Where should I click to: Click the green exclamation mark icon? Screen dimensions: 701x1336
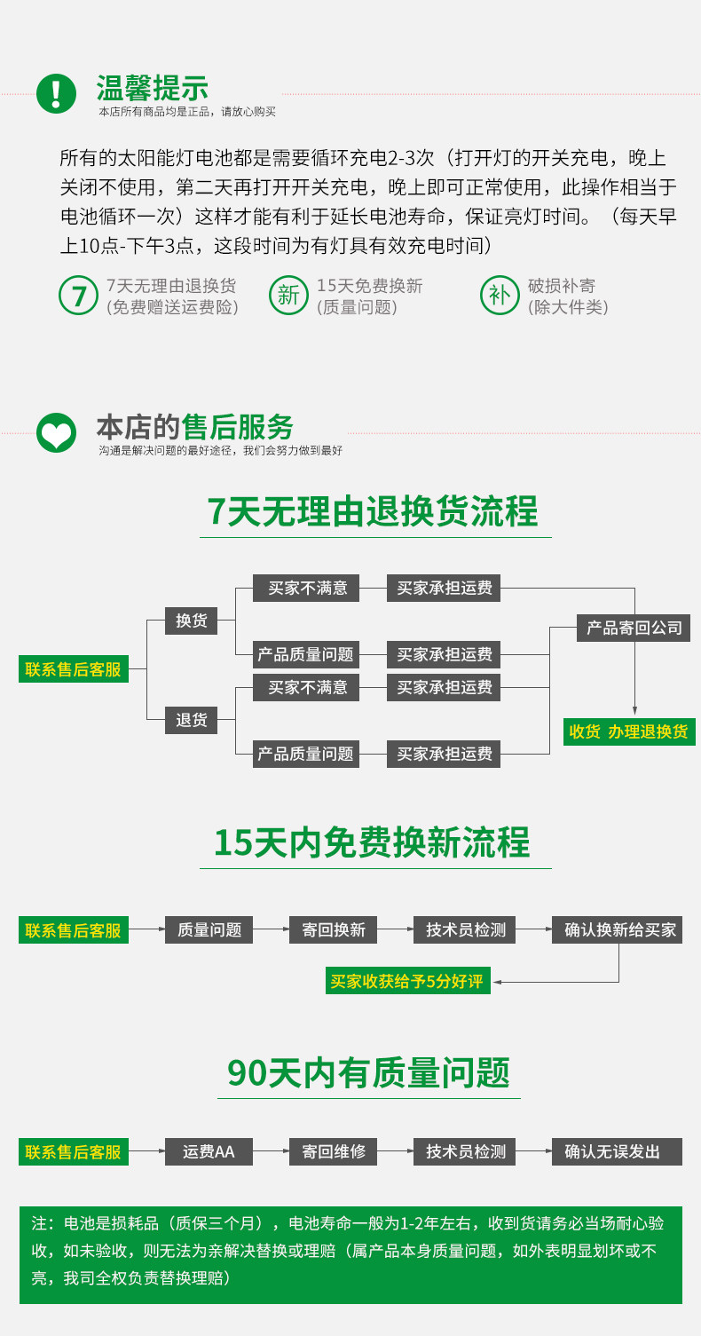[x=56, y=93]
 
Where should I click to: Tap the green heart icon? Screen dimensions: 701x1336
[x=56, y=432]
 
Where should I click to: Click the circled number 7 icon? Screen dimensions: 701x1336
[x=78, y=296]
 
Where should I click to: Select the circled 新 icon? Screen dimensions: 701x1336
[x=288, y=296]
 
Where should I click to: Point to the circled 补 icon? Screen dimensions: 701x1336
[x=500, y=296]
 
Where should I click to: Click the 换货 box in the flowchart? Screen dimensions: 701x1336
[x=191, y=621]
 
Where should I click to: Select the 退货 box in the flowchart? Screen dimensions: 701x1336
[x=191, y=721]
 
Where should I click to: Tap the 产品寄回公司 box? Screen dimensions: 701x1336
[x=634, y=628]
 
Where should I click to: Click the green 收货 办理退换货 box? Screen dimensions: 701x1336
[x=629, y=731]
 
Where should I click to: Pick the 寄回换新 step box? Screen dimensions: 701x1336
[x=334, y=929]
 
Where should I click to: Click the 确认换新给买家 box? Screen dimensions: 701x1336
[x=617, y=929]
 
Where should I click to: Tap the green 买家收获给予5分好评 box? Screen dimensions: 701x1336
[x=407, y=981]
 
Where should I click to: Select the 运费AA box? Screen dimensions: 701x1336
[x=209, y=1151]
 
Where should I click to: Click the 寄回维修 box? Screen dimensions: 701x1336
[x=334, y=1151]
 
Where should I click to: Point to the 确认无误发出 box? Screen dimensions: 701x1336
[x=617, y=1151]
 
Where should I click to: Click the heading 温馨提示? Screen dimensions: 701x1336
[x=153, y=88]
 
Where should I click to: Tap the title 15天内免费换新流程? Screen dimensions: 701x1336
[x=372, y=842]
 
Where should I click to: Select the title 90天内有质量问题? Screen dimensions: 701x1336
[x=368, y=1073]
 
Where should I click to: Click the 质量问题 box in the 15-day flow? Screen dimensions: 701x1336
[x=209, y=929]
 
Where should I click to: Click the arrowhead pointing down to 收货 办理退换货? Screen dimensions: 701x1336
[x=634, y=710]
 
